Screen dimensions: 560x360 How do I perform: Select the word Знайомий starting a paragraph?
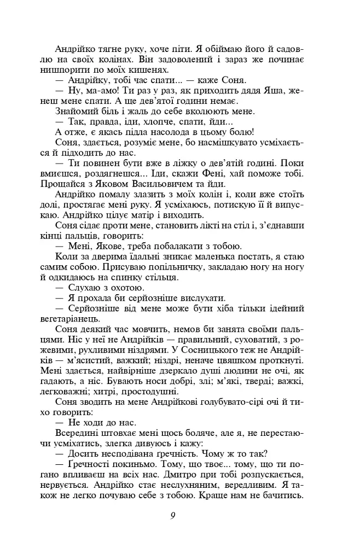click(75, 110)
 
